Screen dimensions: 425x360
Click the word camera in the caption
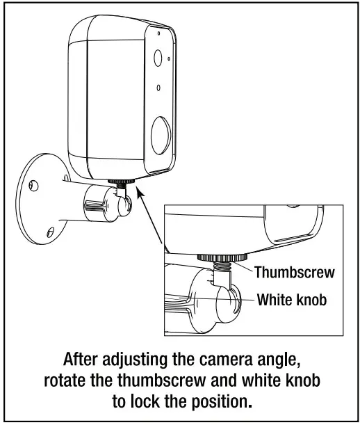(x=209, y=361)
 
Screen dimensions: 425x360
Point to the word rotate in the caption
(x=64, y=382)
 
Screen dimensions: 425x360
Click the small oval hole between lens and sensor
(x=159, y=89)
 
